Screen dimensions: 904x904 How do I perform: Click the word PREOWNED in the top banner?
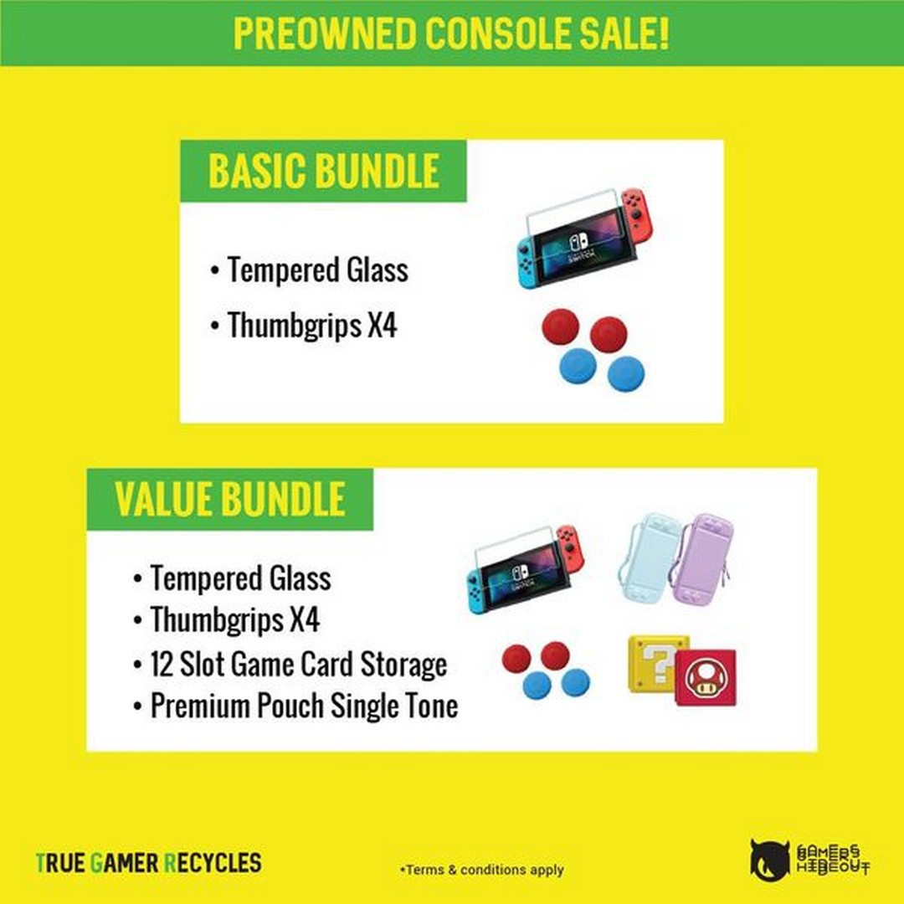pyautogui.click(x=324, y=33)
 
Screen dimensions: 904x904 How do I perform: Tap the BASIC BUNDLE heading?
pyautogui.click(x=323, y=172)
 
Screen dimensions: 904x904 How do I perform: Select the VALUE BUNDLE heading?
pyautogui.click(x=230, y=499)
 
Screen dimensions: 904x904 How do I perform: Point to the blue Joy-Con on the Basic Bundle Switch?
pyautogui.click(x=526, y=264)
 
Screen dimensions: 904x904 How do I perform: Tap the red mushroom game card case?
pyautogui.click(x=705, y=678)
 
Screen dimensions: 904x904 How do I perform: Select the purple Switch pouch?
pyautogui.click(x=701, y=558)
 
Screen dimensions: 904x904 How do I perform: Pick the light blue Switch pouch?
pyautogui.click(x=649, y=557)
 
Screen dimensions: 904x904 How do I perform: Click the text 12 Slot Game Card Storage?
pyautogui.click(x=299, y=664)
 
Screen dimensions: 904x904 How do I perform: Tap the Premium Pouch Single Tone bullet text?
pyautogui.click(x=305, y=706)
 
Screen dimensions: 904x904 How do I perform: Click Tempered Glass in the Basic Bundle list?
pyautogui.click(x=318, y=270)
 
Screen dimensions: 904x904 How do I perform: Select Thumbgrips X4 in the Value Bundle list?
pyautogui.click(x=234, y=619)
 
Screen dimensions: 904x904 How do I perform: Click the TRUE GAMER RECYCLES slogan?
pyautogui.click(x=149, y=863)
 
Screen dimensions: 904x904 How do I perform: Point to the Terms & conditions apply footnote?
pyautogui.click(x=482, y=870)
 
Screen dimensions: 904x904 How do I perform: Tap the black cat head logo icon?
pyautogui.click(x=770, y=860)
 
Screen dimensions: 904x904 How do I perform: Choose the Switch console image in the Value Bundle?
pyautogui.click(x=525, y=570)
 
